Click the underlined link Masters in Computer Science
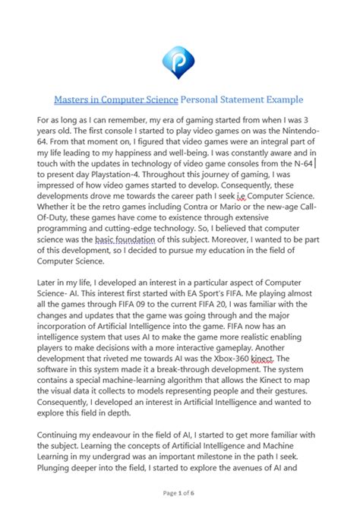coord(115,100)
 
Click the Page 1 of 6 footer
coord(179,514)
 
